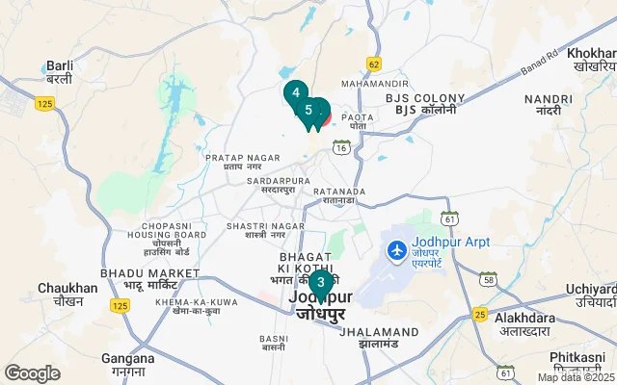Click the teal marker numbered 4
(x=295, y=93)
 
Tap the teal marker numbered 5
(x=308, y=110)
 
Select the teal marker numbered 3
(x=320, y=283)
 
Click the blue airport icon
(x=395, y=250)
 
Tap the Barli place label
(x=60, y=72)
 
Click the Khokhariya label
(x=592, y=60)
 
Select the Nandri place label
(x=542, y=105)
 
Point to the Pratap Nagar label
(x=236, y=161)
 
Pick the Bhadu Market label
(x=148, y=280)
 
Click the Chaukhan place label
(x=67, y=294)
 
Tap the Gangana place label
(x=127, y=364)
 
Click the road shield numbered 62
(x=374, y=64)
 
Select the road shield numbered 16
(x=341, y=147)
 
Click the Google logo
(x=32, y=373)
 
